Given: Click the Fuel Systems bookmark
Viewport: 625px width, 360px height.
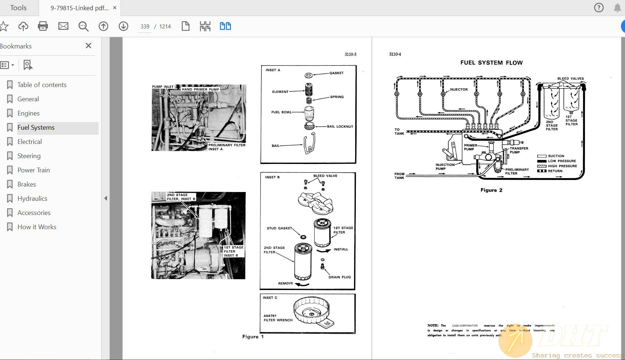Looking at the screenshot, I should (36, 128).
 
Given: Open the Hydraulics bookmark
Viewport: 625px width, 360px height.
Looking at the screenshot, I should (32, 199).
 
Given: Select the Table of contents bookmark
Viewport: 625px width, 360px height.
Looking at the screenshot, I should (42, 85).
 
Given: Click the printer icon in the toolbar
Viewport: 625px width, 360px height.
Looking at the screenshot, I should (43, 26).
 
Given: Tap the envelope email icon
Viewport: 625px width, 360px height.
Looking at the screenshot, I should (63, 26).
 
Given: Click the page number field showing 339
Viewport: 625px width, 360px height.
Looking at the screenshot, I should (145, 27).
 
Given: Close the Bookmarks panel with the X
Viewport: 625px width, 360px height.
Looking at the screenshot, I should (88, 46).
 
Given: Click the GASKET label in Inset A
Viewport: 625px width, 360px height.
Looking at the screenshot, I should (336, 73).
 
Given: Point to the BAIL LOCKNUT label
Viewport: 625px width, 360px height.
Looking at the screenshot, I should (340, 126).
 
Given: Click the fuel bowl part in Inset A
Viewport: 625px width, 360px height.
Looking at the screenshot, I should (309, 113).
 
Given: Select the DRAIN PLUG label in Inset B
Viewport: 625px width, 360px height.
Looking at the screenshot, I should (339, 277).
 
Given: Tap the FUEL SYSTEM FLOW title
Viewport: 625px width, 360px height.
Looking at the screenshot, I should (491, 63).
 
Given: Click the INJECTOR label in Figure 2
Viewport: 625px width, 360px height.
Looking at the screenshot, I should (459, 90).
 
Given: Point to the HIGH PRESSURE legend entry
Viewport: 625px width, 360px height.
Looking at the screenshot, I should (562, 166).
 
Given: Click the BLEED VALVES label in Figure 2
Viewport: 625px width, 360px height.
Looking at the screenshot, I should (570, 79).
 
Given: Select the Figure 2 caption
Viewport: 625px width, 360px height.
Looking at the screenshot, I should (491, 190).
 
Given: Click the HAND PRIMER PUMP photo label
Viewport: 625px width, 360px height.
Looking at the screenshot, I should (200, 89).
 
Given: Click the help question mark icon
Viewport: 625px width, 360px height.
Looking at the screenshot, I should (599, 8).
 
